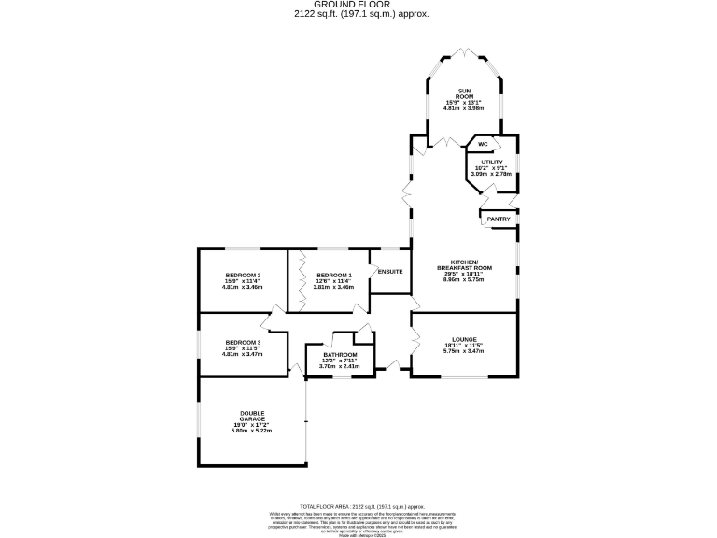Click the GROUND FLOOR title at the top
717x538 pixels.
coord(358,4)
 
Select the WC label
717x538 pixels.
coord(483,144)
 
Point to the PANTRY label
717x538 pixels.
coord(498,219)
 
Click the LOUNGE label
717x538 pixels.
coord(464,339)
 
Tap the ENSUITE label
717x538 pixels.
coord(389,272)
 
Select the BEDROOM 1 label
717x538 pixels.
coord(332,275)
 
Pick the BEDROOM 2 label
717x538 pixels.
coord(242,275)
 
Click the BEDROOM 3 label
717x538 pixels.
coord(242,343)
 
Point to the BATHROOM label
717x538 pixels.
coord(340,355)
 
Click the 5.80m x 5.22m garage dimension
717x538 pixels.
coord(252,431)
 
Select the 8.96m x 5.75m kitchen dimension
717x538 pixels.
coord(464,279)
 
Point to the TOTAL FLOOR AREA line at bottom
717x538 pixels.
coord(358,504)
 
